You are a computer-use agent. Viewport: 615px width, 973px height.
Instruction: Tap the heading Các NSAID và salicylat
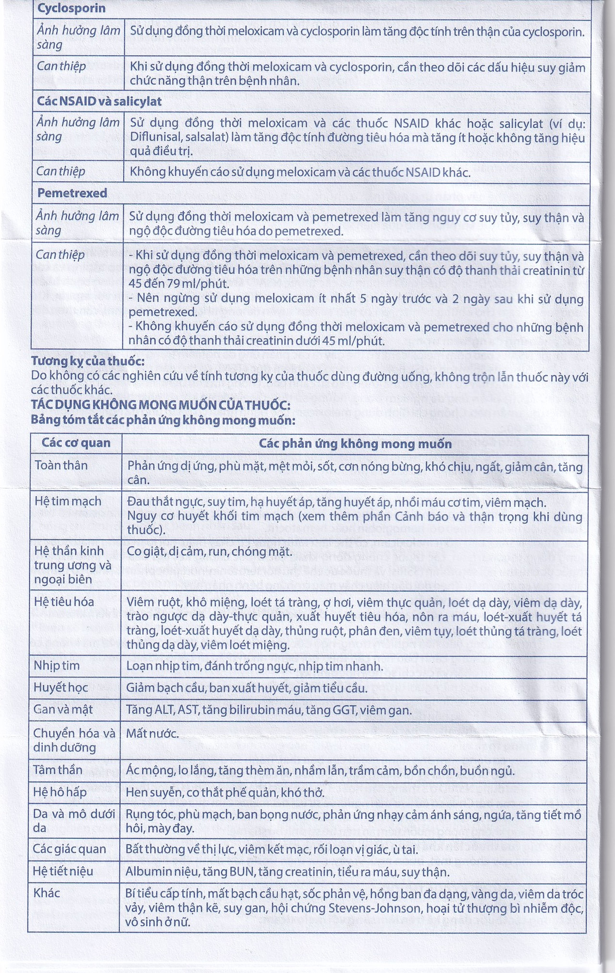pos(99,102)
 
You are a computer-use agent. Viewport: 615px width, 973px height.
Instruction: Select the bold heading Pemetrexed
pos(72,193)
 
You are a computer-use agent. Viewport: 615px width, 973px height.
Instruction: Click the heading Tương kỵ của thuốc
pos(87,361)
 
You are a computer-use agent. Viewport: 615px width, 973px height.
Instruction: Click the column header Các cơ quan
pos(76,443)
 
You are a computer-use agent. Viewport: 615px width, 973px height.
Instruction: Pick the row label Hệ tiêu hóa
pos(64,602)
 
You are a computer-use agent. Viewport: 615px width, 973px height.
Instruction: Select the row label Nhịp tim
pos(57,666)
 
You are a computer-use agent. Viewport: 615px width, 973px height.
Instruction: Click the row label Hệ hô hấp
pos(60,792)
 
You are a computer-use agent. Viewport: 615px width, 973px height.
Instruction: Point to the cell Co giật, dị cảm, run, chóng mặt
pos(209,552)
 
